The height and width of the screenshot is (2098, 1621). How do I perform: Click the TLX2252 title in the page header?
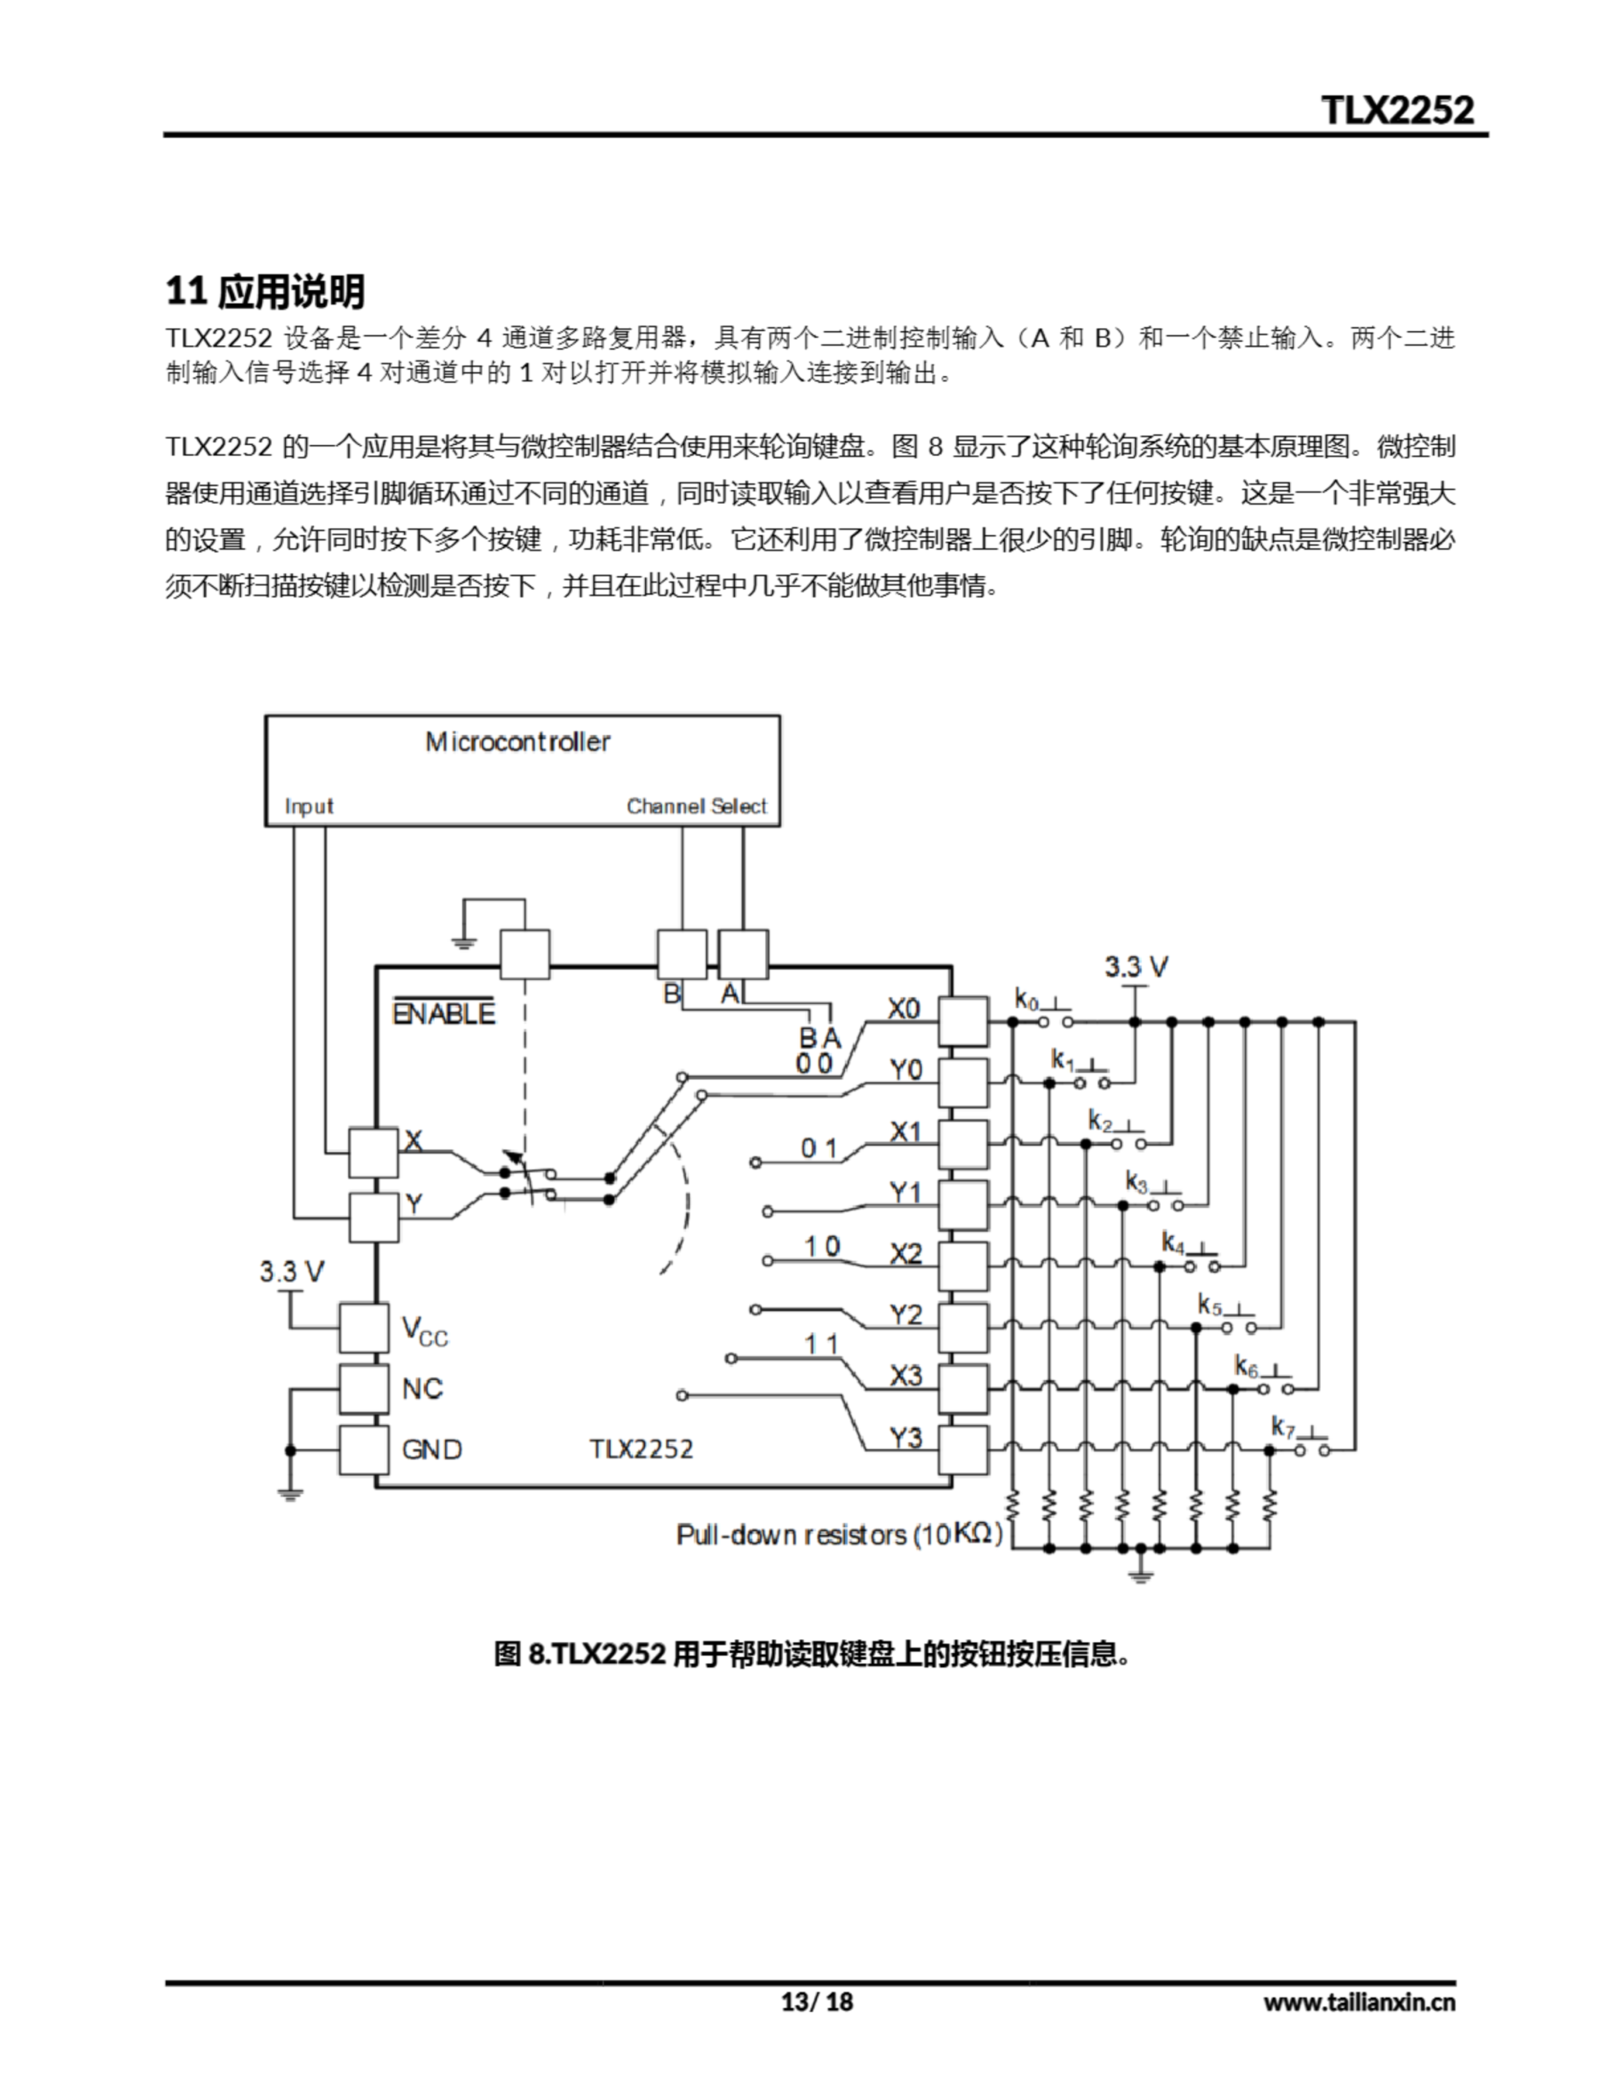point(1397,110)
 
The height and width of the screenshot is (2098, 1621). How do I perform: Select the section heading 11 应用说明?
point(266,291)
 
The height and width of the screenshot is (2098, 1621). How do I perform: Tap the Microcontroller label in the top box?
point(517,742)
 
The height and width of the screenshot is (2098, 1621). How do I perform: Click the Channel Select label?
point(696,806)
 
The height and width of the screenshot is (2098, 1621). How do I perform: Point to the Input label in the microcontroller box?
point(308,806)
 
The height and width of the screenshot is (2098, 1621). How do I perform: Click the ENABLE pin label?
point(443,1014)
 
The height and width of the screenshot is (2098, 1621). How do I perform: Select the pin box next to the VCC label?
point(364,1328)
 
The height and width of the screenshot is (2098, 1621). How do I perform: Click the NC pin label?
point(422,1388)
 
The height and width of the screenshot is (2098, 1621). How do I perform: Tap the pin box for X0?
point(963,1021)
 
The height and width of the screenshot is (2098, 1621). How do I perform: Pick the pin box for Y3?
point(963,1450)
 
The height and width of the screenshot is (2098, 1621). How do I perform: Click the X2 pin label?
point(905,1254)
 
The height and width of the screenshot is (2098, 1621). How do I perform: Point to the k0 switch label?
point(1026,1000)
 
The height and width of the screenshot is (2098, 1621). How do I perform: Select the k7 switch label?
point(1283,1427)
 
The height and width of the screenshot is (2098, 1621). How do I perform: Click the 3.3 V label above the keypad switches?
point(1136,966)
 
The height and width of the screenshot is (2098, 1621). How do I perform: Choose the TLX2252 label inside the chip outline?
point(641,1449)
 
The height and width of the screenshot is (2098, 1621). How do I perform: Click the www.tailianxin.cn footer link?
point(1359,2002)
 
